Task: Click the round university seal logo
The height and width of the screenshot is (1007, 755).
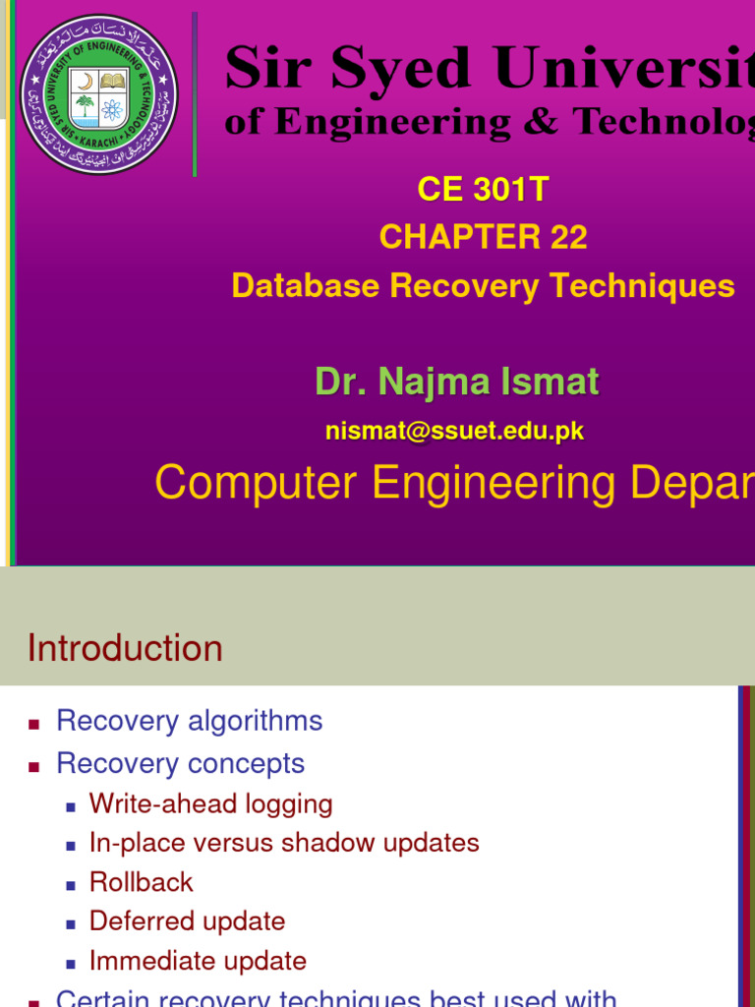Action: point(98,94)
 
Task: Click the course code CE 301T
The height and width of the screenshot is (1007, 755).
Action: point(483,189)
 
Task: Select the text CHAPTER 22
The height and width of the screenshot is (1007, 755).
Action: point(483,237)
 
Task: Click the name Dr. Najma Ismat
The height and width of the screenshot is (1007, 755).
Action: point(456,382)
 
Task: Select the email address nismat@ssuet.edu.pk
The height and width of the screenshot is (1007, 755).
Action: point(455,431)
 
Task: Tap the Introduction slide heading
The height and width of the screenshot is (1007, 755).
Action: point(125,648)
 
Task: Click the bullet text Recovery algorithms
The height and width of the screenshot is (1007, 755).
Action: point(189,721)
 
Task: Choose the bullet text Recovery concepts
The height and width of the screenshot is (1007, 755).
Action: point(180,763)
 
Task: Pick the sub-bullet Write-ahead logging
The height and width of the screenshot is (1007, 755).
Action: point(210,803)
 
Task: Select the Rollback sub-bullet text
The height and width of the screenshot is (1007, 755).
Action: point(141,882)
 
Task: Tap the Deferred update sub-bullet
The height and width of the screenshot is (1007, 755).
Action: point(187,921)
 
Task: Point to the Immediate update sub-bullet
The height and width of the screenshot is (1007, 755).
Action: point(198,961)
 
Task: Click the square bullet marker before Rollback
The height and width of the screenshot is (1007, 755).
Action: point(71,884)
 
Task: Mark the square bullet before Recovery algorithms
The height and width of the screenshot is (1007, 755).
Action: point(34,724)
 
